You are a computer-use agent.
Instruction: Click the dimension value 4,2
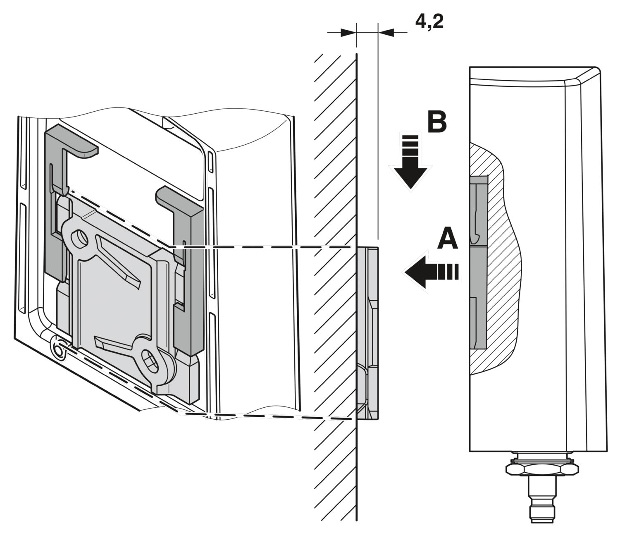429,22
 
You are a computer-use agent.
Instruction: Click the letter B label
436,122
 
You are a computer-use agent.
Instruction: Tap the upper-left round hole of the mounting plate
80,239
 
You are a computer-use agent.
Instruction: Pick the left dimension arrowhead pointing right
348,32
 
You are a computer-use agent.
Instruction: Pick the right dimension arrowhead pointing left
386,32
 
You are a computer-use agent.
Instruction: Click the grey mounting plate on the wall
367,333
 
